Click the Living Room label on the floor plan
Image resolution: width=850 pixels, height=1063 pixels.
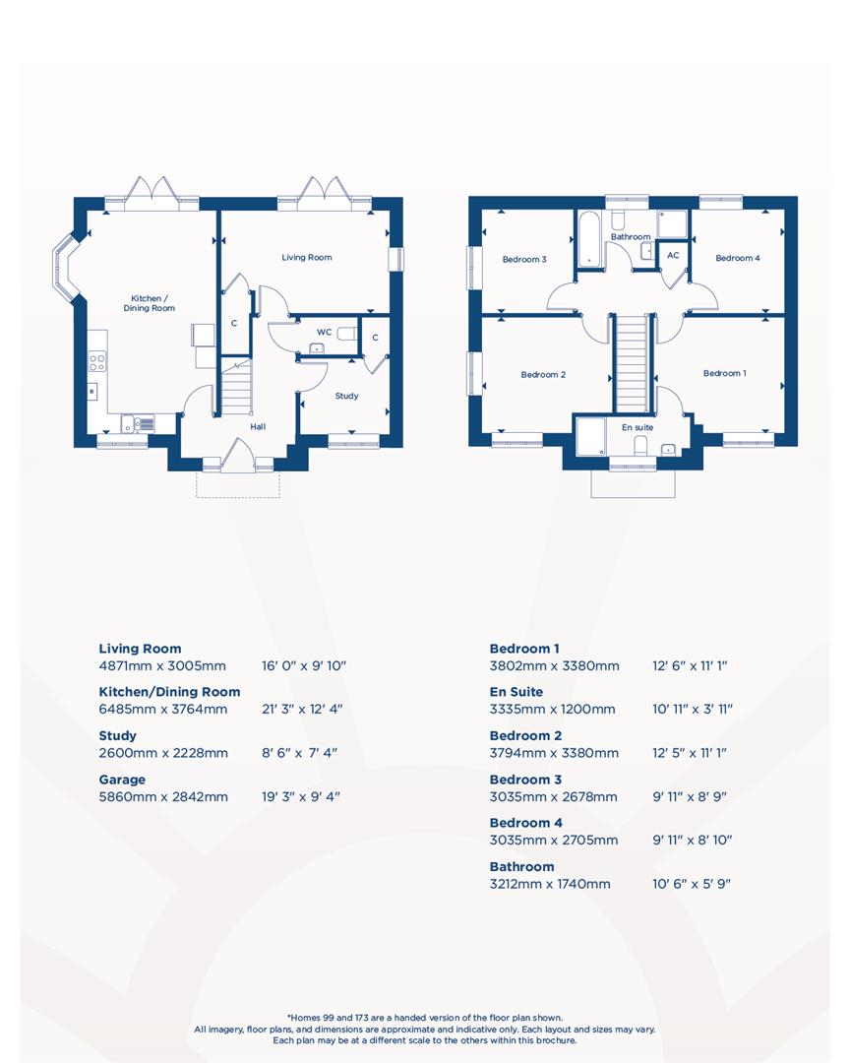[x=307, y=258]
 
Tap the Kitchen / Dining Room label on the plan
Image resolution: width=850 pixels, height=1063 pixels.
[x=149, y=303]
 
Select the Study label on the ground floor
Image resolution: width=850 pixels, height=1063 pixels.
[x=346, y=396]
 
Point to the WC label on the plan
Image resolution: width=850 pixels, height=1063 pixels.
[x=324, y=332]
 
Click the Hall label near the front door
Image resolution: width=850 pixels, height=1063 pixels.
[x=258, y=427]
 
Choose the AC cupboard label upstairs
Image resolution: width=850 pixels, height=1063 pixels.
[x=673, y=255]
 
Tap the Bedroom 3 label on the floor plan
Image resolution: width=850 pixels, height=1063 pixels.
[x=524, y=260]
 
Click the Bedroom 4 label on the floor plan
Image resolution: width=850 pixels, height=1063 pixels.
[x=737, y=259]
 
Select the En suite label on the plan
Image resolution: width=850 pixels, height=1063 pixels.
[x=637, y=428]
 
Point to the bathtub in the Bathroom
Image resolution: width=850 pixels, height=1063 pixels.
[x=590, y=237]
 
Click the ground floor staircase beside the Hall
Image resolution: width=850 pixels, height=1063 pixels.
[x=236, y=388]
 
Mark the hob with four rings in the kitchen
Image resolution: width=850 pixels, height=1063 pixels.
[x=96, y=362]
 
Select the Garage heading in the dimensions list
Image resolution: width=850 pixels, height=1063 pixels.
[x=122, y=780]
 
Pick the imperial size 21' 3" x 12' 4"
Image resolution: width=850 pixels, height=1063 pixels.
[x=301, y=709]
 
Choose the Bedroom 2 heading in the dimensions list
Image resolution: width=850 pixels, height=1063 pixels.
[x=525, y=736]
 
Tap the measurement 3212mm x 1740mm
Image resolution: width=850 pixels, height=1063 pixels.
[x=549, y=884]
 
